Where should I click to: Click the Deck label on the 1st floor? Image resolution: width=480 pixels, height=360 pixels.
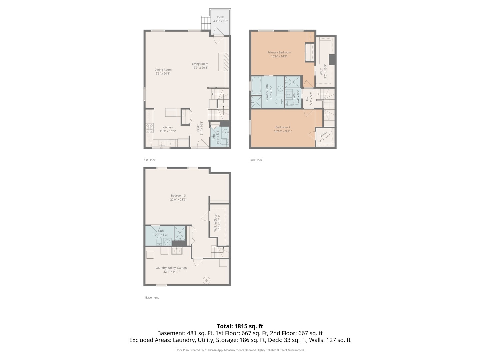coord(220,17)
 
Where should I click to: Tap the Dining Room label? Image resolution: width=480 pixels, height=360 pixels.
coord(163,70)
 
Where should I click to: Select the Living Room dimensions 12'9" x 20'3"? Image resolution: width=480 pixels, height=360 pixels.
coord(200,68)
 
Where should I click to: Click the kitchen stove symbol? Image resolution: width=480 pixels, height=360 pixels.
coord(149,128)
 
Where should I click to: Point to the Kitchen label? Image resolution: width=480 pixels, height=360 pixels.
coord(167,127)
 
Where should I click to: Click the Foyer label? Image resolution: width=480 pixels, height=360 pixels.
coord(198,128)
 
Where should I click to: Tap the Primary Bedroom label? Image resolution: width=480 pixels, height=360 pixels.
coord(279,52)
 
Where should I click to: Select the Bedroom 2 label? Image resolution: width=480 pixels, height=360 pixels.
coord(283,127)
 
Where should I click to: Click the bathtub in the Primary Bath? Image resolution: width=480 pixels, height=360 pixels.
coord(256,86)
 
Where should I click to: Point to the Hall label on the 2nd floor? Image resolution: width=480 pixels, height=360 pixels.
coord(307,98)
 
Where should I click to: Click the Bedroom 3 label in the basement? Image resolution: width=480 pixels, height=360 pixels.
coord(178,196)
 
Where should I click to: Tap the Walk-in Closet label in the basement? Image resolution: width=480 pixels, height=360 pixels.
coord(215,222)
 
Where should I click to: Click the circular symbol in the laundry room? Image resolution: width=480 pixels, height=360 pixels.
coord(207,281)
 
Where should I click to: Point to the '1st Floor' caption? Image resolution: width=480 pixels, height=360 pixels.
coord(149,160)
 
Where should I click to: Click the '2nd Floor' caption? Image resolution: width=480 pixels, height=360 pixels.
coord(256,160)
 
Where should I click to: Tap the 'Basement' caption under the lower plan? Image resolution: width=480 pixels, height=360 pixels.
coord(152,298)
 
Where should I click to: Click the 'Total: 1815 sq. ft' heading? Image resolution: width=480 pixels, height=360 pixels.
coord(240,326)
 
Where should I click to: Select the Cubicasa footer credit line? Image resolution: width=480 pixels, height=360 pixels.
coord(240,350)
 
